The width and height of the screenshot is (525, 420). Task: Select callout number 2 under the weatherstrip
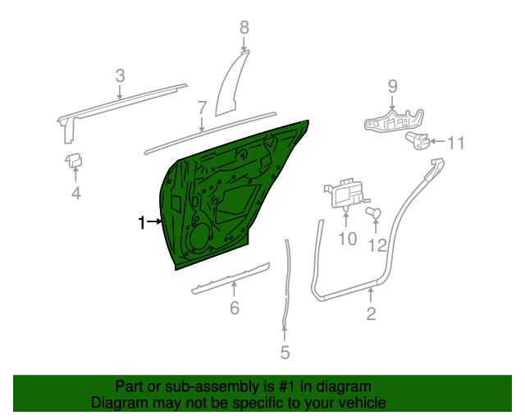pyautogui.click(x=371, y=313)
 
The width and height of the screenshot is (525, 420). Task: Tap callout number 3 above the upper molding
pyautogui.click(x=120, y=76)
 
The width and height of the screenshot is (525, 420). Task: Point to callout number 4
pyautogui.click(x=75, y=194)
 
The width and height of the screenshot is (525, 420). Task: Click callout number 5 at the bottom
pyautogui.click(x=285, y=353)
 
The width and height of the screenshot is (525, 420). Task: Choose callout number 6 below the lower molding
pyautogui.click(x=234, y=308)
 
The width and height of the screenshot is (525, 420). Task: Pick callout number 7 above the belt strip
pyautogui.click(x=202, y=107)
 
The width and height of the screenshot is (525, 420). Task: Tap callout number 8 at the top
pyautogui.click(x=244, y=28)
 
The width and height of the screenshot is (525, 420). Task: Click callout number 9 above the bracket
pyautogui.click(x=391, y=86)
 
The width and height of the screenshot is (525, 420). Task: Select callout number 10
pyautogui.click(x=348, y=239)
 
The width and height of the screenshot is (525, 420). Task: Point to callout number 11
pyautogui.click(x=455, y=144)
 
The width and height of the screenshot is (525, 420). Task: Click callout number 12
pyautogui.click(x=377, y=244)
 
